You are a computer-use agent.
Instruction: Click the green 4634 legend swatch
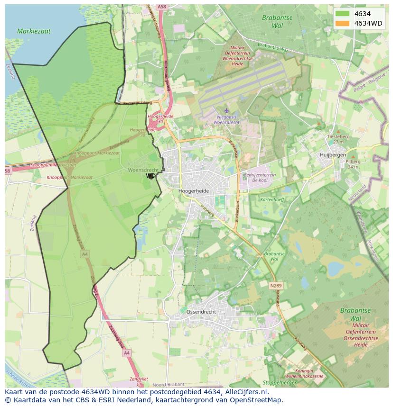[x=342, y=14]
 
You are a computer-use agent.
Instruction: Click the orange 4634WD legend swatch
[x=342, y=23]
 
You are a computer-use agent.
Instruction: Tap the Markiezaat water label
[x=34, y=31]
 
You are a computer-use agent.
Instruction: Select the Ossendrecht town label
[x=201, y=312]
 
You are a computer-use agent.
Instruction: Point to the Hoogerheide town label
[x=194, y=190]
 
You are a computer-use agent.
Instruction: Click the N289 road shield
[x=276, y=286]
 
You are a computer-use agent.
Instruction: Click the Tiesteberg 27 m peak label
[x=337, y=139]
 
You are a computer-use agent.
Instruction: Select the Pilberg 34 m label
[x=353, y=164]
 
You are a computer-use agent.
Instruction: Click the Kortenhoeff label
[x=272, y=199]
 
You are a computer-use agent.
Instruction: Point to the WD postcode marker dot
[x=151, y=176]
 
